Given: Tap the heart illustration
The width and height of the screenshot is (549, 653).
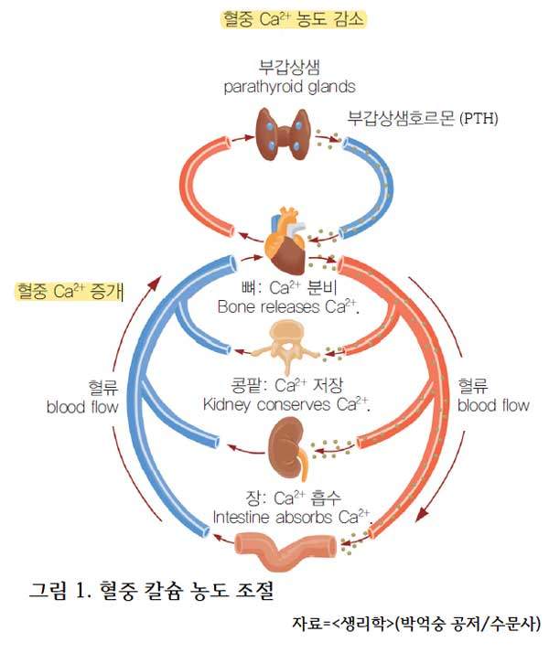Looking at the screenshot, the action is click(x=285, y=241).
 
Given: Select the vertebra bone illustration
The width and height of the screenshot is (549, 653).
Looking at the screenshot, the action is click(x=286, y=347).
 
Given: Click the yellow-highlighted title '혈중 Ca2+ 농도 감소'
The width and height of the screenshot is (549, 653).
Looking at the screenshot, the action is click(x=293, y=19).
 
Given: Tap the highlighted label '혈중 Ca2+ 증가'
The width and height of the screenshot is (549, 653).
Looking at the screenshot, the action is click(x=70, y=291).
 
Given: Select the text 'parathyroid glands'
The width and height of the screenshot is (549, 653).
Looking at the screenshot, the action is click(x=289, y=87).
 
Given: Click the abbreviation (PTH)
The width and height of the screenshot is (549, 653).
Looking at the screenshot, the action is click(x=479, y=118).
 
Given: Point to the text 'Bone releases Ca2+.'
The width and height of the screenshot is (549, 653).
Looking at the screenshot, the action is click(x=288, y=307).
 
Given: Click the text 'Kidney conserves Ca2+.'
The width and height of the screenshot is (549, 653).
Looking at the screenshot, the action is click(x=286, y=404).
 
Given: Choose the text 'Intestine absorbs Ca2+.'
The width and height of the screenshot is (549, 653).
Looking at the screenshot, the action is click(x=292, y=518).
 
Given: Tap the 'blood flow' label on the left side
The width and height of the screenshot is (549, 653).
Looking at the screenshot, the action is click(x=82, y=407).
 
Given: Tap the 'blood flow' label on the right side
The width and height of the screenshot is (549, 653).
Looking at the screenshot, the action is click(x=493, y=405).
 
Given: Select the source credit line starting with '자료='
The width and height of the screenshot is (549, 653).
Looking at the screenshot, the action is click(x=416, y=624).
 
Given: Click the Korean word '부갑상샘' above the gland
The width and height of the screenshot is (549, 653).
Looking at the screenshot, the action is click(x=289, y=67).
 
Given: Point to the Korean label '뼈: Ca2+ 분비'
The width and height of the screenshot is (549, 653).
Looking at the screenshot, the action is click(x=288, y=288).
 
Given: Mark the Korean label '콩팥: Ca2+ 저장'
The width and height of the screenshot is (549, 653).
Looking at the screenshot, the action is click(x=287, y=385).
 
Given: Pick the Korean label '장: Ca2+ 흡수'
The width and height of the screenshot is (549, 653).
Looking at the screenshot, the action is click(x=293, y=498).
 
